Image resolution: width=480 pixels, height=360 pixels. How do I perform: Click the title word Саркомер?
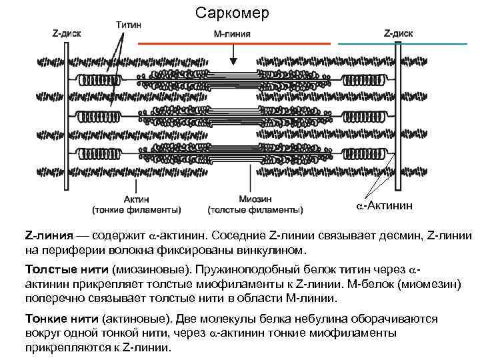(233, 13)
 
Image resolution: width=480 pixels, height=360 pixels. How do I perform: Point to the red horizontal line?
(234, 43)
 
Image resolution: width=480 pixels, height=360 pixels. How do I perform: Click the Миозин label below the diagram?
(255, 199)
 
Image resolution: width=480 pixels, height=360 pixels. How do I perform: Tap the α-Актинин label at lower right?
(383, 206)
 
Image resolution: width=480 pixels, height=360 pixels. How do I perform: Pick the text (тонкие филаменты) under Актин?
(141, 209)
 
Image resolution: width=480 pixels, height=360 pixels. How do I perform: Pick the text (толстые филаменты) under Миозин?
(255, 209)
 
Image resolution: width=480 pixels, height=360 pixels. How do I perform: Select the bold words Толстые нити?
(67, 269)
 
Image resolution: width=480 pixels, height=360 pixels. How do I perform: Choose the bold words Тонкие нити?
(64, 319)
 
